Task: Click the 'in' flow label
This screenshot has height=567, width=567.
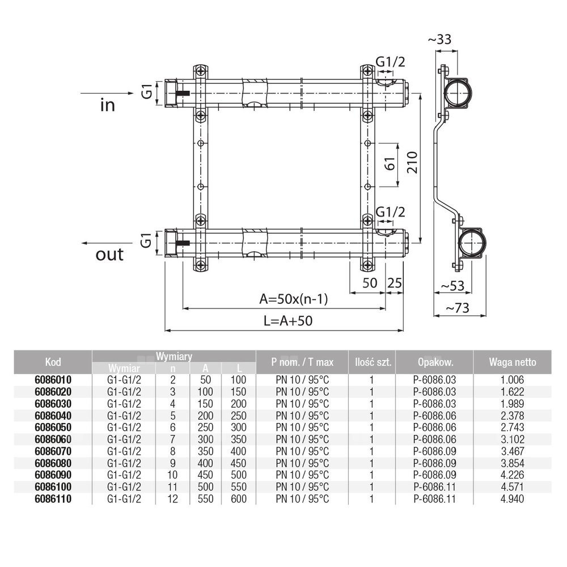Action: click(x=107, y=105)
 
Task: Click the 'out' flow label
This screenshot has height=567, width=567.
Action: click(x=109, y=255)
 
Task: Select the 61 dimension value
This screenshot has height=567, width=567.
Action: click(x=389, y=164)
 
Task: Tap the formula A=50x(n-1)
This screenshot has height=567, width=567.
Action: click(x=294, y=299)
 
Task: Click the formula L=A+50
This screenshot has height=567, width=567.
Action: click(x=288, y=320)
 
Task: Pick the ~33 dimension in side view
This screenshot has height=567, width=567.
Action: click(x=441, y=40)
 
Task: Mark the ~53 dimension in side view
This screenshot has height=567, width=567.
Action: click(x=451, y=285)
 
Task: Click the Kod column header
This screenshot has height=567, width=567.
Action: click(x=52, y=362)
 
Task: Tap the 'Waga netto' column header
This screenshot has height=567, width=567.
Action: click(x=512, y=362)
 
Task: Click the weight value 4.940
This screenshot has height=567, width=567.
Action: click(x=512, y=499)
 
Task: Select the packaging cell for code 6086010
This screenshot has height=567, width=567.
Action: click(x=435, y=380)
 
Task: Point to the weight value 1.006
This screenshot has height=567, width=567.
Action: click(x=512, y=380)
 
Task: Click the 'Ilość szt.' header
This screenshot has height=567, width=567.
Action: click(x=371, y=362)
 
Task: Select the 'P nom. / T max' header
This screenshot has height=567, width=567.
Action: click(x=302, y=362)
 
